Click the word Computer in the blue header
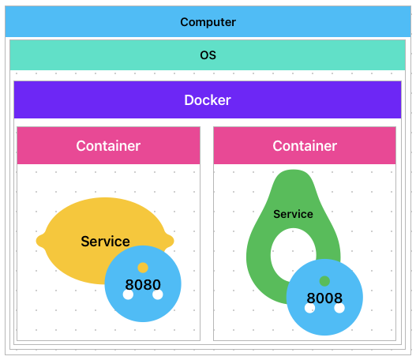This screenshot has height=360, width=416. (208, 22)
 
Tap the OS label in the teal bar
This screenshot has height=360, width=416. (208, 55)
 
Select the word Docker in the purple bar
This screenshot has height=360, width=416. (208, 100)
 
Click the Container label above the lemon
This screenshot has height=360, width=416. (108, 145)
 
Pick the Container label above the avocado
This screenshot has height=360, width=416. (305, 145)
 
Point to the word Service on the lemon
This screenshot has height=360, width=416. (105, 241)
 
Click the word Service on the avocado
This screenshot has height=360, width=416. (293, 214)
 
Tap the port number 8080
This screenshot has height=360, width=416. (143, 284)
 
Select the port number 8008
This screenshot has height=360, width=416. (324, 298)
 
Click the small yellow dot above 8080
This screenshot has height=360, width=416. (143, 268)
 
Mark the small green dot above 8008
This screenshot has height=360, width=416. (324, 281)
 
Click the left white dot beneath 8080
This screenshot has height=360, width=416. (128, 294)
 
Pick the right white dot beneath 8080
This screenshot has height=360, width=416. (158, 294)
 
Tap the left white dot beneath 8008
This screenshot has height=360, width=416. (309, 308)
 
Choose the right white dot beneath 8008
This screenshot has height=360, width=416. (339, 308)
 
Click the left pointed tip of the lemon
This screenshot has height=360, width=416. (36, 241)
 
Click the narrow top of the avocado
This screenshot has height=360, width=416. (293, 171)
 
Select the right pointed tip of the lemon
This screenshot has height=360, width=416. (174, 241)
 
